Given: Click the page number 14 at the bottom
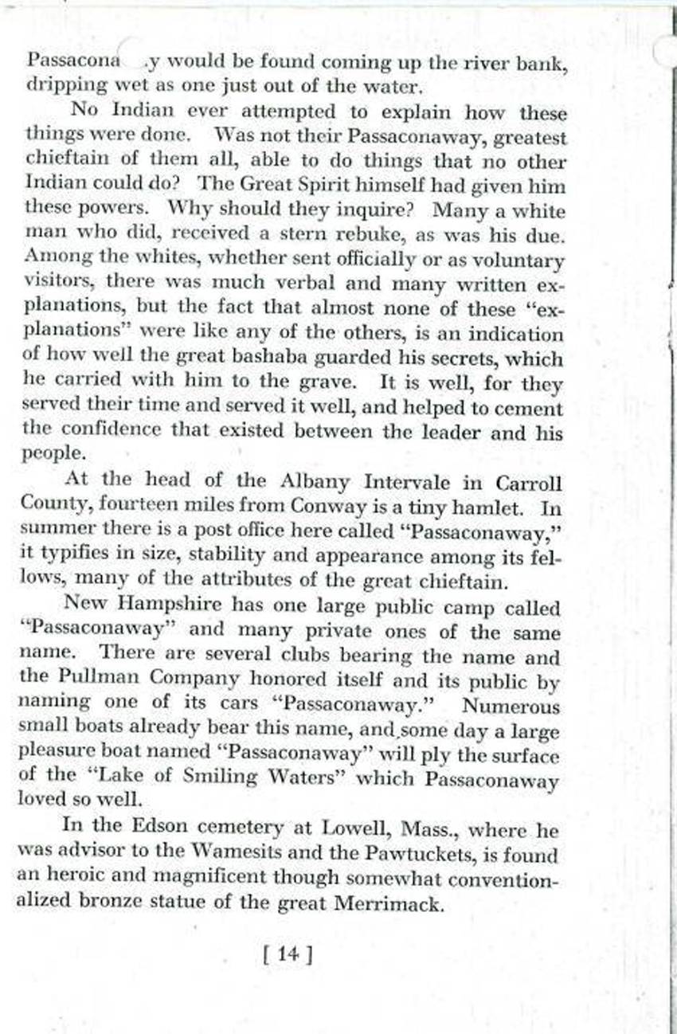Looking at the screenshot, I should [287, 954].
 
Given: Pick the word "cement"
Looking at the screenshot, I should [534, 409].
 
